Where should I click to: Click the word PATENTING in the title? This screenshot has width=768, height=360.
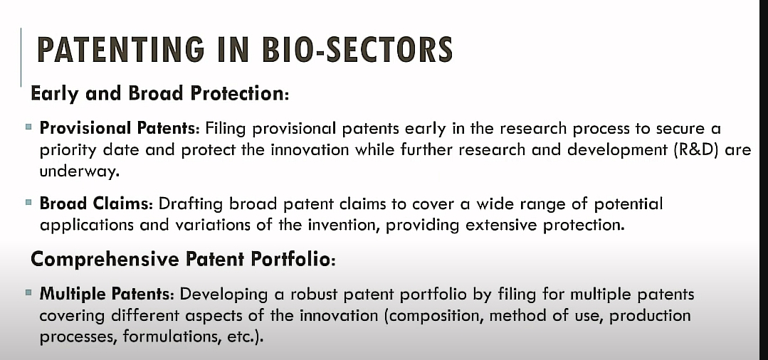(121, 49)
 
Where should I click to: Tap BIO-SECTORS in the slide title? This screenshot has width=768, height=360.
(357, 49)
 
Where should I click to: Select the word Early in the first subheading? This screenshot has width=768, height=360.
(54, 93)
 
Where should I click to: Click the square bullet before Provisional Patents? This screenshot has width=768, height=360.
(28, 127)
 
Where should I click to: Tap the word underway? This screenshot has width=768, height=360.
(79, 171)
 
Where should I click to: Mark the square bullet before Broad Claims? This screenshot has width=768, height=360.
(28, 202)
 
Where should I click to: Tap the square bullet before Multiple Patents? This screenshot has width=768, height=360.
(28, 293)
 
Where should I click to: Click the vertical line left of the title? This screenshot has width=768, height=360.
(21, 58)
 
